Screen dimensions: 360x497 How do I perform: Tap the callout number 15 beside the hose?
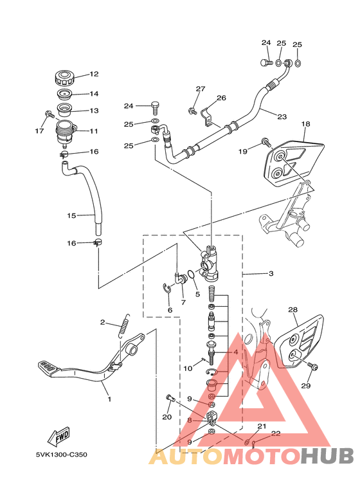tap(71, 215)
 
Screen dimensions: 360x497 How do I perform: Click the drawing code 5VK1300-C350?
tap(62, 455)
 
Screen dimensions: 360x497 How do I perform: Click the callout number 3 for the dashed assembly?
tap(271, 273)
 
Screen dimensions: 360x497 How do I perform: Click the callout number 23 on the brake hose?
tap(282, 116)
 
